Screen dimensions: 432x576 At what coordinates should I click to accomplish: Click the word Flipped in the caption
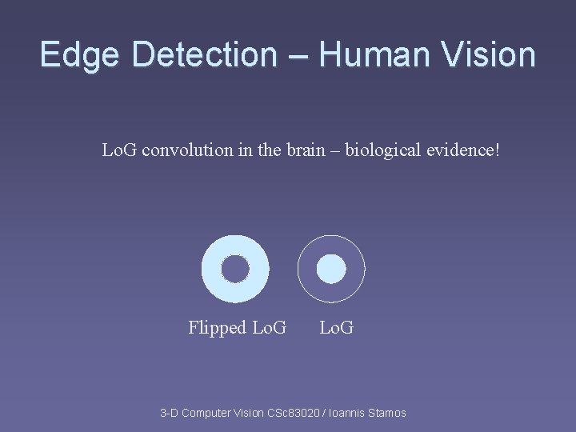pyautogui.click(x=218, y=327)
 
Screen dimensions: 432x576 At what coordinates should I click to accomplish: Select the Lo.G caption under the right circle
pyautogui.click(x=337, y=327)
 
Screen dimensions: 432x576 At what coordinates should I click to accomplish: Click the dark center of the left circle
pyautogui.click(x=235, y=269)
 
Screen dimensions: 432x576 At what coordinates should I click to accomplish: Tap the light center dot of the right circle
pyautogui.click(x=330, y=269)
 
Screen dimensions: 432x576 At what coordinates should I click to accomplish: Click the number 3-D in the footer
pyautogui.click(x=169, y=413)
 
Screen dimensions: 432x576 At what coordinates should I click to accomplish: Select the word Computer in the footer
pyautogui.click(x=209, y=413)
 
